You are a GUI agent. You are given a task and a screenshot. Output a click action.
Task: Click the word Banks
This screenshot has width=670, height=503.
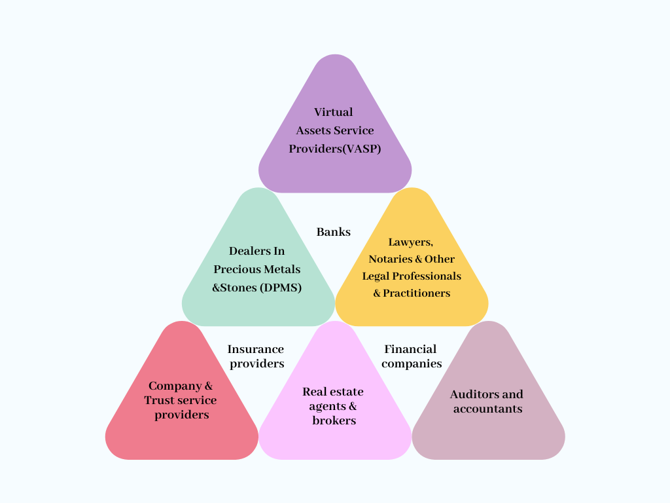(334, 232)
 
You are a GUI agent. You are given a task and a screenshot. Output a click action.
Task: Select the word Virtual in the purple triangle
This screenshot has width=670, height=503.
(333, 112)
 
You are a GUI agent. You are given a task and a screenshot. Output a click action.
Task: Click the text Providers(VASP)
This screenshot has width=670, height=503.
(335, 149)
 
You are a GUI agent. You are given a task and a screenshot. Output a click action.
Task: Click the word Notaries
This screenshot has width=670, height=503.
(391, 259)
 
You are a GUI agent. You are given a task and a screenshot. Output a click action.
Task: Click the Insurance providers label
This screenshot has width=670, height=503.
(256, 356)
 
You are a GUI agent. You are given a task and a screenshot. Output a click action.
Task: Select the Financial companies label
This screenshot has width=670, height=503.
(411, 356)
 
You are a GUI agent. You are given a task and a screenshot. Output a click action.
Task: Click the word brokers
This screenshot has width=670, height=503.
(334, 420)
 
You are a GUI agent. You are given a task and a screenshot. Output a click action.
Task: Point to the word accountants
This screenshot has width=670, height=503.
(487, 409)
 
